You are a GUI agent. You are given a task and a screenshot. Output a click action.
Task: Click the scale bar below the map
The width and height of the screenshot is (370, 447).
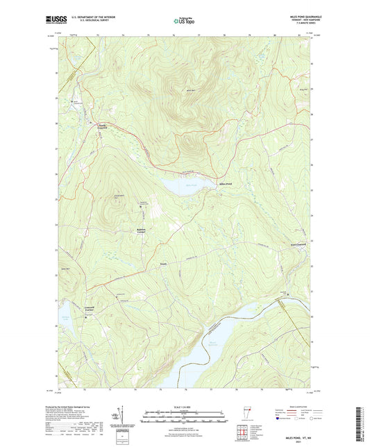pos(184,412)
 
